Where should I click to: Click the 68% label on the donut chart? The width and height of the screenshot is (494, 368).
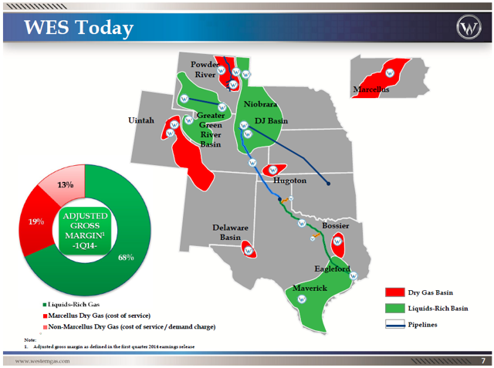point(127,257)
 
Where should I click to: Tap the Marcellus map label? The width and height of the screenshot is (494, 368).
point(370,90)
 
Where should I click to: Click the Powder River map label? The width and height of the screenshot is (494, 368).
point(205,69)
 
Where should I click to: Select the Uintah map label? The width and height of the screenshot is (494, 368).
point(141,121)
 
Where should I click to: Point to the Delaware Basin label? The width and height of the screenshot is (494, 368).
point(230,233)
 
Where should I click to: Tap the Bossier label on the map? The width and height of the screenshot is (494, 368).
point(335,226)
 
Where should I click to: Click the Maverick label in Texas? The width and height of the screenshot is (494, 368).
point(310,288)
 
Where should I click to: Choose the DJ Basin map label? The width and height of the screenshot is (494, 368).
point(271,122)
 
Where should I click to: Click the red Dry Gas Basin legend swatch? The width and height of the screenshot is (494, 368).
point(394,292)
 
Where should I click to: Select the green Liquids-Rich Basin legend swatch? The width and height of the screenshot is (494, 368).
point(394,309)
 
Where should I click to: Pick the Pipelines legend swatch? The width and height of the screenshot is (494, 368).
point(394,325)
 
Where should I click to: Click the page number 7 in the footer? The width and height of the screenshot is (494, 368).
point(482,360)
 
